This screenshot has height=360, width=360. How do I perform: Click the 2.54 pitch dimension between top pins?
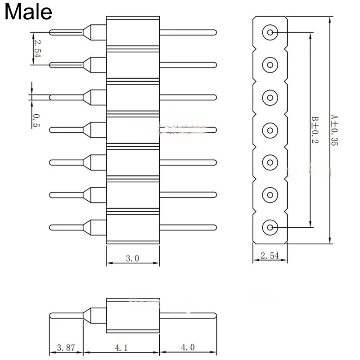[36, 49]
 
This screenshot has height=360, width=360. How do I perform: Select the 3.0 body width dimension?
[133, 258]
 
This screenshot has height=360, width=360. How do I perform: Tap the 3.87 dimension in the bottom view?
[66, 347]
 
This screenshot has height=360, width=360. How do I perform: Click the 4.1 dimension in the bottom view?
[122, 347]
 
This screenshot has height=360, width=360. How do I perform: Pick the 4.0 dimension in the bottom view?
[189, 347]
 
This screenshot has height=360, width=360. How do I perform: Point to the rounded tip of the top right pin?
[215, 32]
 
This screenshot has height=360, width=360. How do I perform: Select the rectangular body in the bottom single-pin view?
[133, 315]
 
